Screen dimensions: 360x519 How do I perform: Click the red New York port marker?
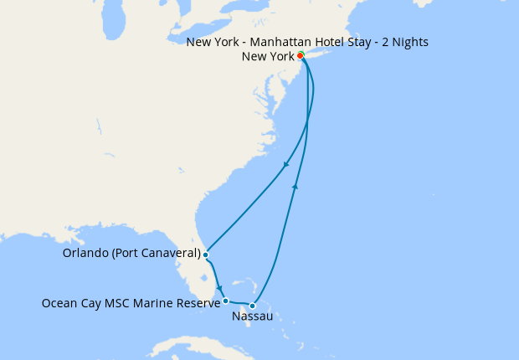pyautogui.click(x=301, y=56)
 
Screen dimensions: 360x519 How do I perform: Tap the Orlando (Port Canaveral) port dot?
pyautogui.click(x=205, y=254)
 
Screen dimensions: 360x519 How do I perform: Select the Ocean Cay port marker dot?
pyautogui.click(x=226, y=301)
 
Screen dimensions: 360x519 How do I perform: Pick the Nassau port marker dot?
pyautogui.click(x=252, y=306)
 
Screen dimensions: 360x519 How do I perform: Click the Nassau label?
pyautogui.click(x=251, y=317)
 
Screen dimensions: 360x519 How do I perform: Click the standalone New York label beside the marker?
pyautogui.click(x=267, y=56)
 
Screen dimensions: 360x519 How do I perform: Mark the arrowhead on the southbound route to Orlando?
pyautogui.click(x=286, y=164)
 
